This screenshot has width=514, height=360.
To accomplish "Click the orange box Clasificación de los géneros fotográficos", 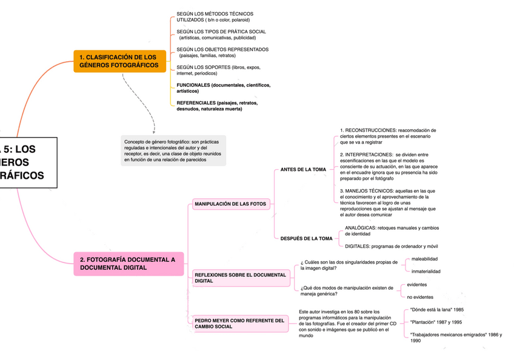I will coord(119,61).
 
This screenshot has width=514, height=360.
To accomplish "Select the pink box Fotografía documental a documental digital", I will coord(128,264).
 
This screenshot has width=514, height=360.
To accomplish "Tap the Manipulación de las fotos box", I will coord(230,204).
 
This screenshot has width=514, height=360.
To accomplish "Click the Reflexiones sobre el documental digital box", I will coord(240,278).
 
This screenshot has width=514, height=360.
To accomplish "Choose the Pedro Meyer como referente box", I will coord(239,324).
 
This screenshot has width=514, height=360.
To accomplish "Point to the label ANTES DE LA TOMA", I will coord(303,170).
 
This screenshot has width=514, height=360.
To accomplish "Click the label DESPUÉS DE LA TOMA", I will coord(306,239).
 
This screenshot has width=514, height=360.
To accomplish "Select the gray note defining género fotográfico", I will coord(173,151).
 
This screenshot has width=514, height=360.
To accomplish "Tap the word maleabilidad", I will coord(424,259).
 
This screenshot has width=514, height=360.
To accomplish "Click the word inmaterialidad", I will coord(426,272).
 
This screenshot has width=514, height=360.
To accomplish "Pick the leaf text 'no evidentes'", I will coord(420,297).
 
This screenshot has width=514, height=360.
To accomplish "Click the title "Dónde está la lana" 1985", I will coord(437,310).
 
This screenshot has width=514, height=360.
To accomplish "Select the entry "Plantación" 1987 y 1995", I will coord(436,322).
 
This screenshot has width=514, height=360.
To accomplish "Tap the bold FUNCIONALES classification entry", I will coord(223,88).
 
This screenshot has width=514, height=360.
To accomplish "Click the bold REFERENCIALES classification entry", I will coord(217,106).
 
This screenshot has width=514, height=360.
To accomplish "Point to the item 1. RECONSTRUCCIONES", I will coord(388,136).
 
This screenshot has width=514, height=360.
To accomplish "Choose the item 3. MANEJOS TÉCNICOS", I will coord(388,202).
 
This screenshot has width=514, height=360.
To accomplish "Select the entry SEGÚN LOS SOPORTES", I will coord(218,70).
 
